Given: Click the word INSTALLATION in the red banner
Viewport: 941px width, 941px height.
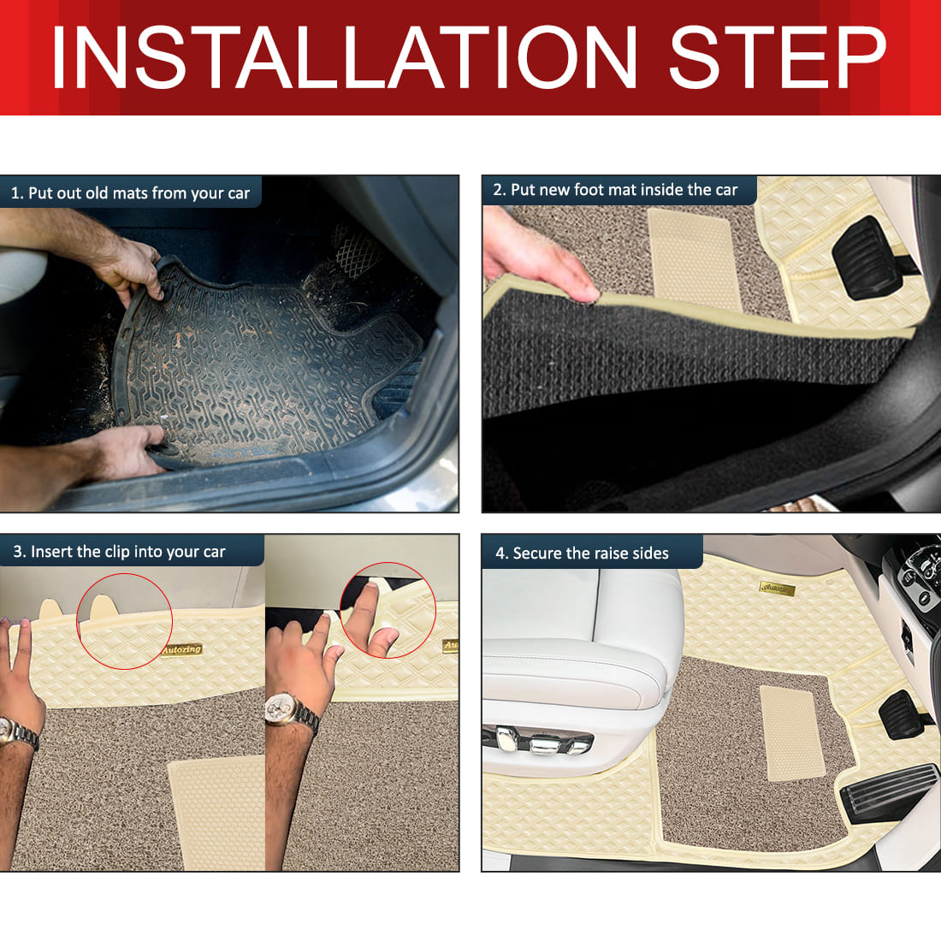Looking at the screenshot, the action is (x=344, y=57).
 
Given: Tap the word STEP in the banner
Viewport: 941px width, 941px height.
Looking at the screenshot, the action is (x=778, y=57).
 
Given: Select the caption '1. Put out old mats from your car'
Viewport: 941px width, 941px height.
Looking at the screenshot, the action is (x=130, y=193).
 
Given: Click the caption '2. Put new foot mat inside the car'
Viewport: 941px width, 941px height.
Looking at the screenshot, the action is (x=615, y=190).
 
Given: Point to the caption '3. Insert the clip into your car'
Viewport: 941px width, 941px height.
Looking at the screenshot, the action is (x=120, y=552).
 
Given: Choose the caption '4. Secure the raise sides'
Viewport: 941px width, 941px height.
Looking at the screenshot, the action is (x=582, y=553).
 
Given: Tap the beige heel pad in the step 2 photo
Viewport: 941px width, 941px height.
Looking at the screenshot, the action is (x=695, y=258).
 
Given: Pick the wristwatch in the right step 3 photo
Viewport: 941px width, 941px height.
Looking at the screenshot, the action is (x=291, y=713).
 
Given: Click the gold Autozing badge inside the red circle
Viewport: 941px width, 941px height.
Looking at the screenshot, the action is (x=181, y=649).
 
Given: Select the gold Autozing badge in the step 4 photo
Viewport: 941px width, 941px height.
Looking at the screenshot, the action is (x=777, y=589).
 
